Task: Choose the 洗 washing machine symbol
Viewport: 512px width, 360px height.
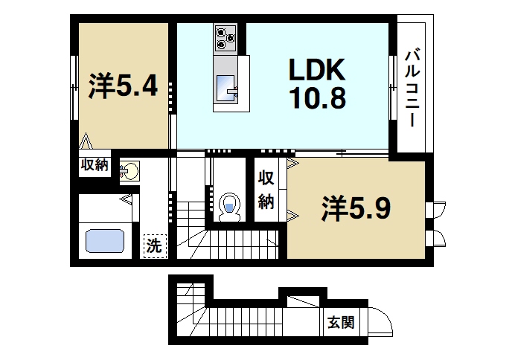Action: pyautogui.click(x=154, y=245)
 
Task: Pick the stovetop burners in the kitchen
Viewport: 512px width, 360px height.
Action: pyautogui.click(x=225, y=37)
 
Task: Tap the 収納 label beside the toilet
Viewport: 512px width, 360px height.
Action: pyautogui.click(x=266, y=190)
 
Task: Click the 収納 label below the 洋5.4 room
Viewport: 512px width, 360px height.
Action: pyautogui.click(x=95, y=165)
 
